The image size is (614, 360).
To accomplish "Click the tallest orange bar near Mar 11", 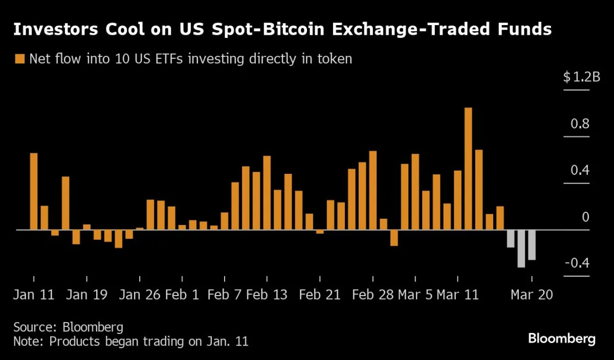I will pyautogui.click(x=468, y=169).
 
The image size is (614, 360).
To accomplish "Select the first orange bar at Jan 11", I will pyautogui.click(x=34, y=192).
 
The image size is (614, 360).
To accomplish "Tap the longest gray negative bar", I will pyautogui.click(x=521, y=249).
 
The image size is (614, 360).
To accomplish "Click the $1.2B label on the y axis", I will pyautogui.click(x=581, y=78).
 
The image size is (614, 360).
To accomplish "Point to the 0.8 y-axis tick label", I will pyautogui.click(x=580, y=124).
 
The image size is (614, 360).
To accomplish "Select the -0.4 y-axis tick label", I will pyautogui.click(x=577, y=263).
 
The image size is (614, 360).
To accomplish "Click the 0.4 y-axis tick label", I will pyautogui.click(x=580, y=171).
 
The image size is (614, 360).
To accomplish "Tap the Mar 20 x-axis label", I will pyautogui.click(x=532, y=296).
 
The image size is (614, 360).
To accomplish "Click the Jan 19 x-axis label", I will pyautogui.click(x=87, y=296).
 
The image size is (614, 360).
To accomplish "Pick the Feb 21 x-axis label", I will pyautogui.click(x=320, y=296).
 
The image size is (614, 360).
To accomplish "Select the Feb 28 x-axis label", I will pyautogui.click(x=373, y=296).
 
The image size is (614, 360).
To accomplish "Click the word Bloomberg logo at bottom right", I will pyautogui.click(x=561, y=339).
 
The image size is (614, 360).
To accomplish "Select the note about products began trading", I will pyautogui.click(x=131, y=342).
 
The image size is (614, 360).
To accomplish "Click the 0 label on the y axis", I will pyautogui.click(x=586, y=217).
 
